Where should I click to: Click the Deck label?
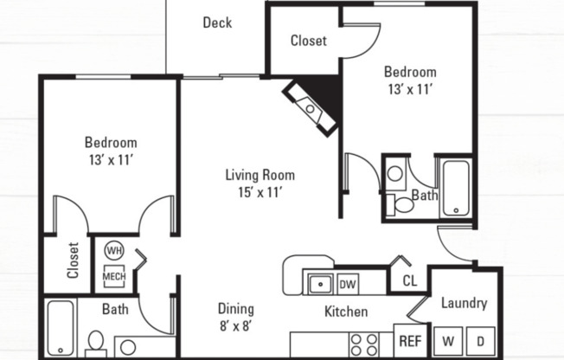[x=217, y=22]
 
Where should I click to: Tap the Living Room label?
[x=254, y=183]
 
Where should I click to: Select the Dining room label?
[x=235, y=317]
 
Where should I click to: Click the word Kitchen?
[x=346, y=312]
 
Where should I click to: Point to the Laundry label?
[x=465, y=303]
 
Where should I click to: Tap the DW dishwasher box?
[x=347, y=283]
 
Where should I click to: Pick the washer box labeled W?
[x=449, y=341]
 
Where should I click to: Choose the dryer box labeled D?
[x=481, y=341]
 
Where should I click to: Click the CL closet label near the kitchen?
[x=409, y=281]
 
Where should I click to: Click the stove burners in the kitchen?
[x=364, y=344]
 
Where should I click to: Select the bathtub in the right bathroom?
[x=454, y=188]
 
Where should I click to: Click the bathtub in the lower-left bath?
[x=61, y=326]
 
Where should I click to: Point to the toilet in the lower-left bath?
[x=95, y=342]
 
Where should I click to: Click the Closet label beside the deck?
[x=308, y=41]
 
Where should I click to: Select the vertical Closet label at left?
[x=73, y=266]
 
